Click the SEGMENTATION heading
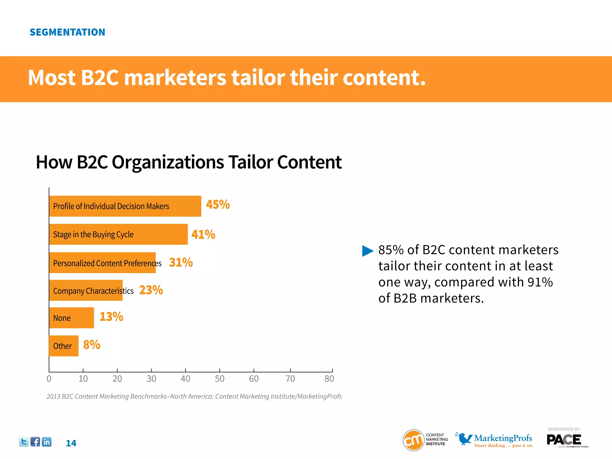67,32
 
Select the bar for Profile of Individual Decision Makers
125,206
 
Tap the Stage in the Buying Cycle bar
118,234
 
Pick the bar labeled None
71,318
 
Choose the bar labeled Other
64,346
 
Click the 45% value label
218,205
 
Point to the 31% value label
181,262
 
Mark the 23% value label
151,290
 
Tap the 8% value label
91,345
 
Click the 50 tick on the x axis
220,379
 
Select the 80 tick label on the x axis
329,379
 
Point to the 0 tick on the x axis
49,379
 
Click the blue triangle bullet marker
368,251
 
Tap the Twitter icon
24,442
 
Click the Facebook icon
35,442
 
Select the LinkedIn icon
47,442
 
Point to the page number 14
71,443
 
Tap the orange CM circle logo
414,440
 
